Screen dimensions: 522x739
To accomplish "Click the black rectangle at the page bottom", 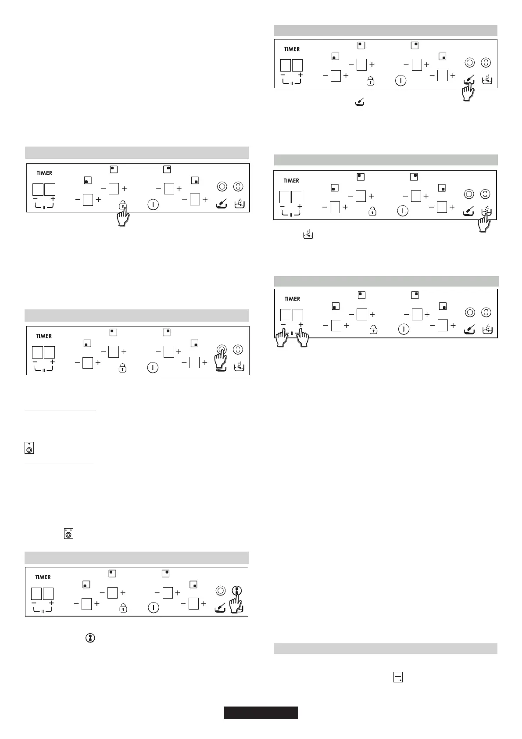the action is click(261, 713).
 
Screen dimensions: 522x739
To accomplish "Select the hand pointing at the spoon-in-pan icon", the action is click(468, 91).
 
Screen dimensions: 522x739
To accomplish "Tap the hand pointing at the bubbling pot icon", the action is click(484, 222).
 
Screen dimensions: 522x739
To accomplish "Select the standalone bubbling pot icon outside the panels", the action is click(308, 235).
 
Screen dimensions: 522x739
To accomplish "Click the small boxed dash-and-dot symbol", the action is click(398, 678).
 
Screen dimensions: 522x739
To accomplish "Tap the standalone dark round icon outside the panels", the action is click(89, 638).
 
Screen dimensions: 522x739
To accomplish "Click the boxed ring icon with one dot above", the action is click(29, 448).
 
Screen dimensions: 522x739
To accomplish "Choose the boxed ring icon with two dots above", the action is click(68, 534).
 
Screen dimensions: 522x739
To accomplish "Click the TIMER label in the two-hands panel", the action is click(292, 299).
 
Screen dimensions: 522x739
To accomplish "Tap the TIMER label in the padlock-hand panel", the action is click(44, 173).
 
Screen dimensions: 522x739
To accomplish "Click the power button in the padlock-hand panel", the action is click(153, 205).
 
